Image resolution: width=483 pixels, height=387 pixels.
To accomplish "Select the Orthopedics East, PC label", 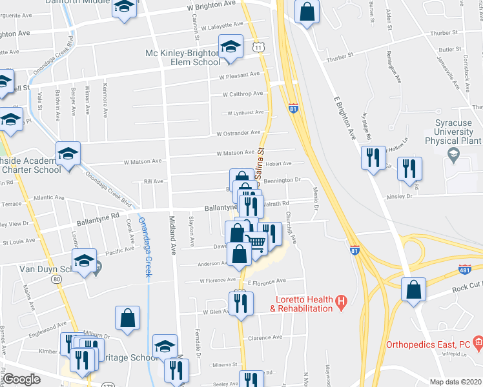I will click(427, 344).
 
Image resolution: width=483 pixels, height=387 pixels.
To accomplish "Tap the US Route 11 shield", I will click(258, 47).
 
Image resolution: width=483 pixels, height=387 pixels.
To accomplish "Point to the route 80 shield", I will click(57, 279).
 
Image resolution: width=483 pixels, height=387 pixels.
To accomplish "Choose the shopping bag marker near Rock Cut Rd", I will click(413, 290).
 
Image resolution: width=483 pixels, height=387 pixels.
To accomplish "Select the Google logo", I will click(22, 379).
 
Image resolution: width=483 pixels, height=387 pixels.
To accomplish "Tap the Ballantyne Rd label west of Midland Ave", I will click(98, 217).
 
